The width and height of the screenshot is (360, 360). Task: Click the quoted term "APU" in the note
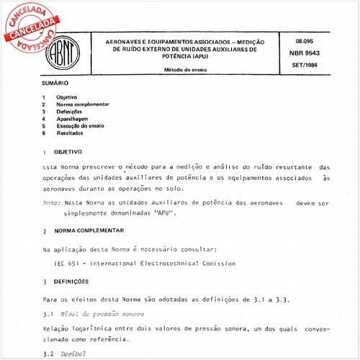coord(163,214)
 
